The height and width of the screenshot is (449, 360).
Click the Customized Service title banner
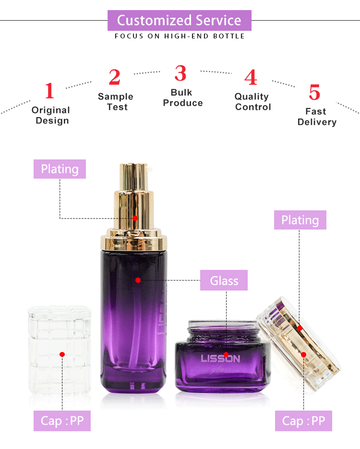179,21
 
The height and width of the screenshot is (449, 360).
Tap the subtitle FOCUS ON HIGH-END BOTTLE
180,36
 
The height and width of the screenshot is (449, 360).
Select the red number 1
49,91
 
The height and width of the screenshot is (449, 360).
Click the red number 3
180,73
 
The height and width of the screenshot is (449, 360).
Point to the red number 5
314,92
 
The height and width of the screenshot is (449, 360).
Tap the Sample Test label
115,102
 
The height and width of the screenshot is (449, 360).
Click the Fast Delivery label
316,117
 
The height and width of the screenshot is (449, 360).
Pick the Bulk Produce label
182,97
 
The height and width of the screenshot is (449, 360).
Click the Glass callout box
224,280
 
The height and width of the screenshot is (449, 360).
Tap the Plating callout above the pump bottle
60,169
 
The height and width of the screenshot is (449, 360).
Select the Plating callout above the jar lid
300,220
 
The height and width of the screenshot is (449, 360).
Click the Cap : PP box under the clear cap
62,421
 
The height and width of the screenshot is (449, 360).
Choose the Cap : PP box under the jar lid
303,421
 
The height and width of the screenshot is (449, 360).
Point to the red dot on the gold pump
135,218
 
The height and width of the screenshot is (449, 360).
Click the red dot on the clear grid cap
62,354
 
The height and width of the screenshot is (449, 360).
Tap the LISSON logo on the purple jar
220,358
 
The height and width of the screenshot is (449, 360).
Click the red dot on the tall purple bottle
138,280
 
